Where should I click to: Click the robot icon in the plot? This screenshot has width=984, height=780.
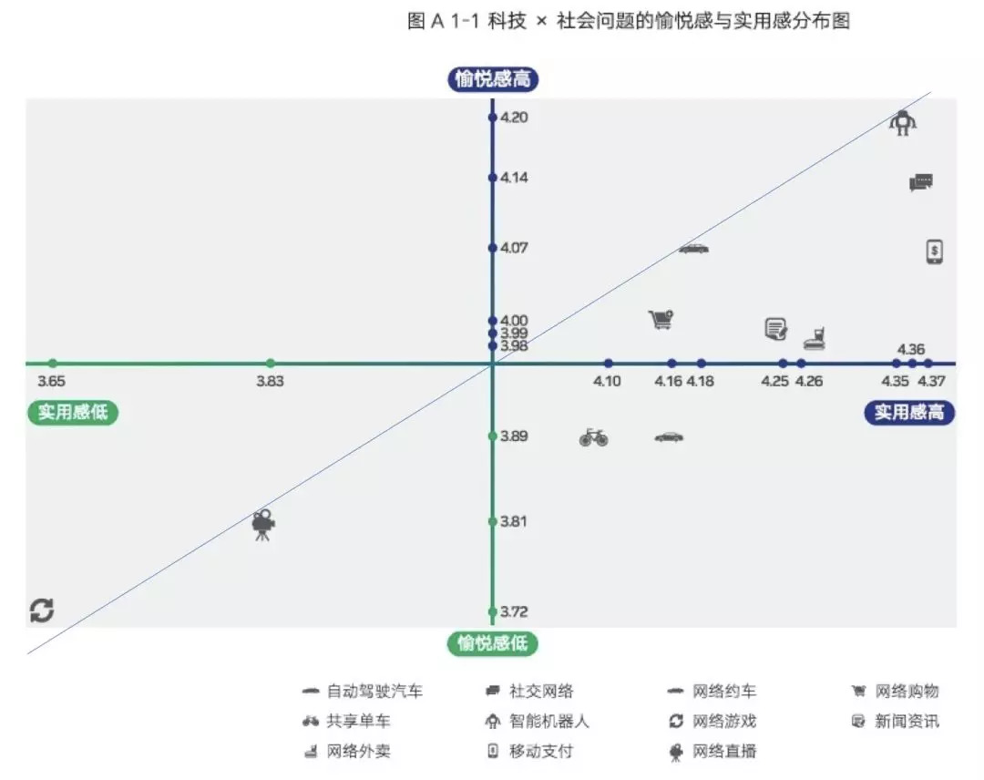pos(902,123)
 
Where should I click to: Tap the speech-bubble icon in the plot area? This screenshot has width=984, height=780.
pos(920,182)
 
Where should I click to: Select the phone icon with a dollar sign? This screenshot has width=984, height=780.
pos(935,251)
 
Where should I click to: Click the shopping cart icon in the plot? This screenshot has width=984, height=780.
pos(661,320)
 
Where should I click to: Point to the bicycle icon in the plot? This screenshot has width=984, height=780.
pos(594,437)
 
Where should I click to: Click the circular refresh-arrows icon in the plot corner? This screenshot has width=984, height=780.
pos(42,610)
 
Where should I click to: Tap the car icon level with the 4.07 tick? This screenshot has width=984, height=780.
pos(693,249)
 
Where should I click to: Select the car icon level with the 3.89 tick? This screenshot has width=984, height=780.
pos(669,437)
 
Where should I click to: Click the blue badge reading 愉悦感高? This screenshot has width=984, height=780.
pos(493,79)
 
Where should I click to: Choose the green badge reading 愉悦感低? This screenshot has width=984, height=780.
pos(493,644)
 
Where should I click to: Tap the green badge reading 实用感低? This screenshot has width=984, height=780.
pos(73,412)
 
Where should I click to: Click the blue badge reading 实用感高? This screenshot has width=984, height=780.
pos(909,412)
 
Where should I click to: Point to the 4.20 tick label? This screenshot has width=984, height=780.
pos(514,118)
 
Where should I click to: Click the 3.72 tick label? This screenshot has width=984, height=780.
pos(514,611)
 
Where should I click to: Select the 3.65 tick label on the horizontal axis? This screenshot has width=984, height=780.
pos(51,382)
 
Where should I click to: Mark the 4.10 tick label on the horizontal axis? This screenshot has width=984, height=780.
pos(607,382)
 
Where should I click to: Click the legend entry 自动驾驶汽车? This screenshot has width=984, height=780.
pos(363,692)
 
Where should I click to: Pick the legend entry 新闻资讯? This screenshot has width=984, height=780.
pos(896,722)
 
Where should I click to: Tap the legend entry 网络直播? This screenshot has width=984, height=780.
pos(712,752)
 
